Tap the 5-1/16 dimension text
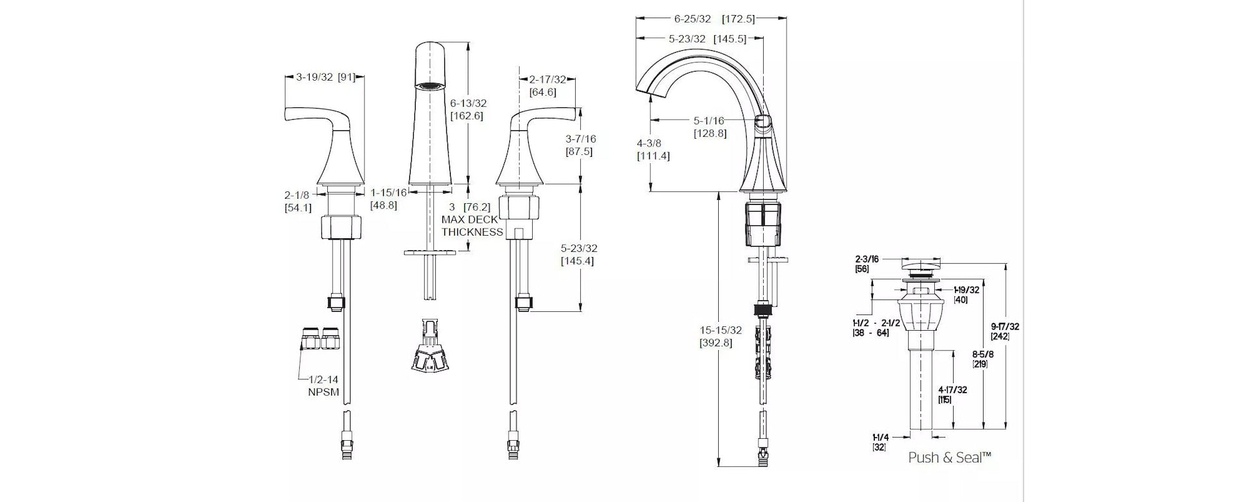[708, 120]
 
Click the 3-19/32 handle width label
[314, 77]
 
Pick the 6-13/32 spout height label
[468, 103]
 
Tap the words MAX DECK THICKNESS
[473, 225]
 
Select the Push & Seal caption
[950, 458]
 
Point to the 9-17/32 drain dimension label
[1005, 326]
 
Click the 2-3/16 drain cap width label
[867, 259]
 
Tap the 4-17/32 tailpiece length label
[952, 390]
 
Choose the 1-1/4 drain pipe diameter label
[881, 438]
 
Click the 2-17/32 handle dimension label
[547, 80]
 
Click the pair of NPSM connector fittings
[320, 339]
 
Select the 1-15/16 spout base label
[389, 192]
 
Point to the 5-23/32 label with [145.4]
[579, 248]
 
